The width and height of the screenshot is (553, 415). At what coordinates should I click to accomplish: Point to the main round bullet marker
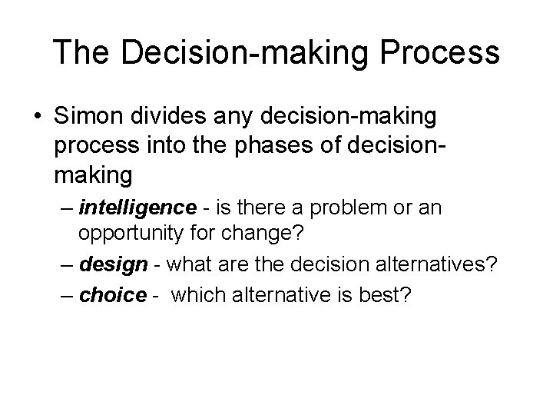point(37,118)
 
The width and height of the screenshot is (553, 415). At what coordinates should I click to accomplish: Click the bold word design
point(113,264)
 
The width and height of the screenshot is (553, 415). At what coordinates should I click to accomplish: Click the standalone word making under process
point(94,176)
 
